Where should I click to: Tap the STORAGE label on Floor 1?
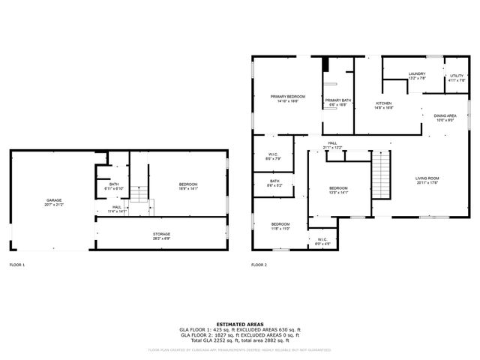[x=161, y=234]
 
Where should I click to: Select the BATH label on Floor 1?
[x=114, y=184]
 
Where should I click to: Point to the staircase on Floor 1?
[x=140, y=196]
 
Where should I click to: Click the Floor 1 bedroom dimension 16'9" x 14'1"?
[x=188, y=189]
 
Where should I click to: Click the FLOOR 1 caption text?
[x=16, y=265]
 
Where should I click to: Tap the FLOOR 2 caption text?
[x=259, y=265]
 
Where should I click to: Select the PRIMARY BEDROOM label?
[x=288, y=97]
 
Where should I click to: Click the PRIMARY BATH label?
[x=337, y=100]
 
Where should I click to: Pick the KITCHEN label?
[x=384, y=103]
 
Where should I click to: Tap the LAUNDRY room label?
[x=417, y=73]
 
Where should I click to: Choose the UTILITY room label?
[x=457, y=76]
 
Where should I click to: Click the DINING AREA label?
[x=445, y=115]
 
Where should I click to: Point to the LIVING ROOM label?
[x=427, y=178]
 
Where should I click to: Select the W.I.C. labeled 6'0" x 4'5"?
[x=322, y=239]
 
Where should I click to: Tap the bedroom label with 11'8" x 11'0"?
[x=280, y=224]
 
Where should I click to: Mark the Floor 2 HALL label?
[x=332, y=144]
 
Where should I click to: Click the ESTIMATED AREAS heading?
[x=239, y=324]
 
